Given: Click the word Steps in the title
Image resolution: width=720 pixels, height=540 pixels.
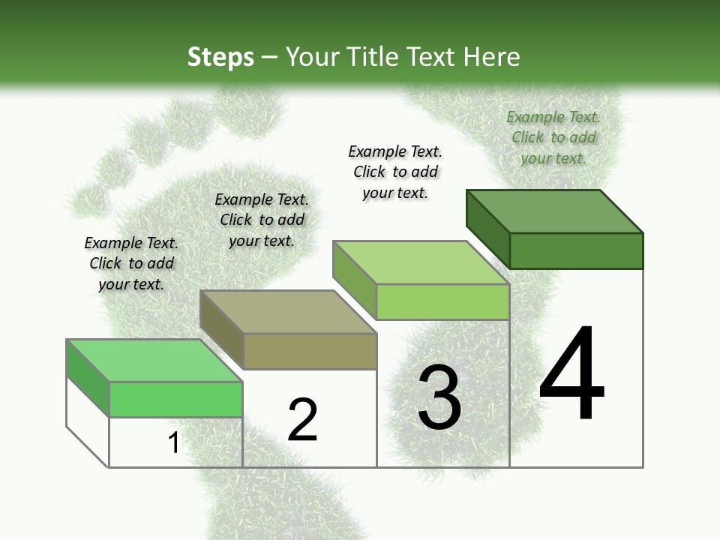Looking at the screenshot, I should pos(220,57).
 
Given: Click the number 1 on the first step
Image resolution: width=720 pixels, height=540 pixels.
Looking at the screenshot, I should pos(174,442).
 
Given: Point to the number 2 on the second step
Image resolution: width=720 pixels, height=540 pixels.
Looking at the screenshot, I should pos(302,420).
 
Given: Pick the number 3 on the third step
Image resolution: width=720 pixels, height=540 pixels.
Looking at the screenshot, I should pos(439,397).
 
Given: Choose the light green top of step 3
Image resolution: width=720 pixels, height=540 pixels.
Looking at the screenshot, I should pos(421,262).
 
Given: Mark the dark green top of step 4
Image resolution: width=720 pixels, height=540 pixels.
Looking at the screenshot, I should pos(555,211).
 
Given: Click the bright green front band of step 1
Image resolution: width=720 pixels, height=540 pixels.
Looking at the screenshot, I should pos(175,399).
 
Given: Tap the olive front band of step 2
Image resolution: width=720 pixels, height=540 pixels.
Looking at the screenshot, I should pos(310,351).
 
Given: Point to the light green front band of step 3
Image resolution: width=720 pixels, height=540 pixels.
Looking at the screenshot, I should pos(442,301).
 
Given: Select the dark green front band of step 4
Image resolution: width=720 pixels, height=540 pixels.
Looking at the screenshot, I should pos(576,250).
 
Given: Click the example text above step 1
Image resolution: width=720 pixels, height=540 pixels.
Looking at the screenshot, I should pos(131,263).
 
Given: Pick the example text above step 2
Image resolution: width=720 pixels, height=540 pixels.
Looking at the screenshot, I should pos(262,220).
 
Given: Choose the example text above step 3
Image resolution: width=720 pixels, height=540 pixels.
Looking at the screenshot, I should pos(395,172).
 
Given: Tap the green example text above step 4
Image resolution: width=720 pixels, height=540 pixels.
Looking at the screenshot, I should pos(553,137).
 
